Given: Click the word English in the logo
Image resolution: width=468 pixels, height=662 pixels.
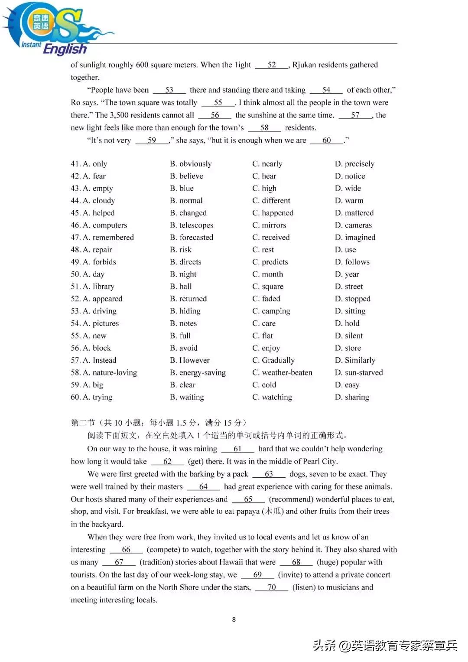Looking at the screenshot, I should tap(65, 49).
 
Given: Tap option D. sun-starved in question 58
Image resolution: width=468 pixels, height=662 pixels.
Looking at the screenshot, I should tap(359, 372).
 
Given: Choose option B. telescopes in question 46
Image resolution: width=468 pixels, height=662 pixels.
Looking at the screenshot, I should tap(192, 225).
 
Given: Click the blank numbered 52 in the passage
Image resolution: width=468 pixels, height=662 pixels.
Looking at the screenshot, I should tap(272, 65).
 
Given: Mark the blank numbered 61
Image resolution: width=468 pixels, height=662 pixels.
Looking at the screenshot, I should tap(237, 449).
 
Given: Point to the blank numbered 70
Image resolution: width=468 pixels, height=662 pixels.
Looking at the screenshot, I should tap(272, 587).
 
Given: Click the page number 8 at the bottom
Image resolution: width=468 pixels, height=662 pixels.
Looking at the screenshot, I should tap(234, 620).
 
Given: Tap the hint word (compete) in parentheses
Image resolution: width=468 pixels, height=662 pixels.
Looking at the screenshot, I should tap(162, 550).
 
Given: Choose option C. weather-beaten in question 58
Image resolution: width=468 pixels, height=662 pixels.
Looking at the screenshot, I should tap(282, 372).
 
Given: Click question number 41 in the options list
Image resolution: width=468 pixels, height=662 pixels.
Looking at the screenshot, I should tap(75, 164).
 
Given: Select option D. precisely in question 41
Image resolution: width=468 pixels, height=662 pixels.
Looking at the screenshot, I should tap(354, 164).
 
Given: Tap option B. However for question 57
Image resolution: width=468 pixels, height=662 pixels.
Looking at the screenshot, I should tap(190, 360).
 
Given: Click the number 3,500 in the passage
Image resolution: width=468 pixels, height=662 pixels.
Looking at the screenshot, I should tap(119, 115).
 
